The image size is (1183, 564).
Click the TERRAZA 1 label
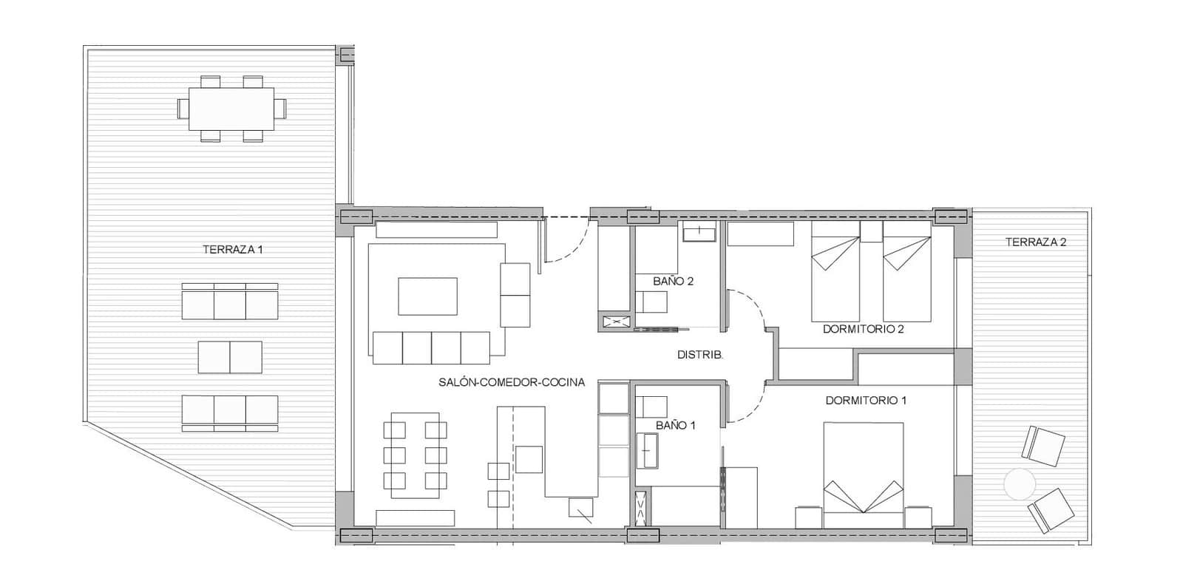pos(233,250)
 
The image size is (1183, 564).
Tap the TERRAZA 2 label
pos(1036,242)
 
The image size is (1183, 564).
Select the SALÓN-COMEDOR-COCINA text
pos(512,383)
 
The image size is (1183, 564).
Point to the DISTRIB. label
pos(700,356)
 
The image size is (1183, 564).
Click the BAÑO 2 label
pos(673,282)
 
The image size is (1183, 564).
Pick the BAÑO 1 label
pos(676,426)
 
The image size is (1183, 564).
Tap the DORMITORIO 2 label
pos(864,330)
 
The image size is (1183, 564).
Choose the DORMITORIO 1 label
pos(866,401)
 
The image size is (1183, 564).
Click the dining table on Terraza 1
pos(231,108)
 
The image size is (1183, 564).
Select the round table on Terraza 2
pos(1021,485)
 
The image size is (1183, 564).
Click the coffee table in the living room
pos(427,296)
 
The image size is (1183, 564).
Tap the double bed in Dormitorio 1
pos(864,473)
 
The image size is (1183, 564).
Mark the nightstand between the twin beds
pos(871,231)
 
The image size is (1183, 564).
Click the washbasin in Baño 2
pos(699,232)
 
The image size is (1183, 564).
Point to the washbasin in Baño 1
pos(650,450)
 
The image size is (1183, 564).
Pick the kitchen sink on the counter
pos(529,459)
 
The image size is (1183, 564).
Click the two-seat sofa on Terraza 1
pos(230,357)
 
